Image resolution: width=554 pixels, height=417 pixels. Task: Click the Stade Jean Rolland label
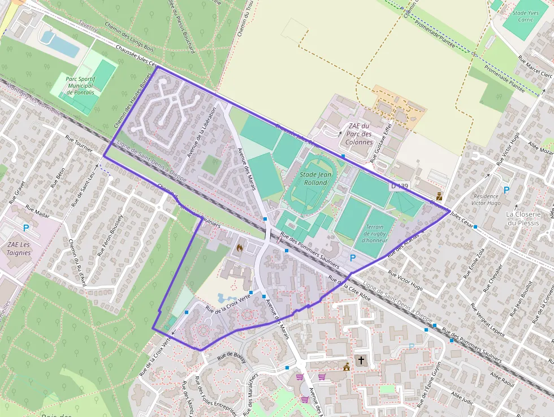[315, 179]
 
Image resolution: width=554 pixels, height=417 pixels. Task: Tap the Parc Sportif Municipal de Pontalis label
[80, 85]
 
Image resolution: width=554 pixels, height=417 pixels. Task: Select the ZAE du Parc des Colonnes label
[359, 134]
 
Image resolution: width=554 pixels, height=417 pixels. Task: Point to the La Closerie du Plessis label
[523, 218]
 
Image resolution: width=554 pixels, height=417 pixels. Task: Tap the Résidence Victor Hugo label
[486, 200]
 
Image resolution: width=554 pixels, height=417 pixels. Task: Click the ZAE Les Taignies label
[19, 248]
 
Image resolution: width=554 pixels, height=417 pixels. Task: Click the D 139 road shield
[399, 186]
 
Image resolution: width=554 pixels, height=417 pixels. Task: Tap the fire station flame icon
[240, 247]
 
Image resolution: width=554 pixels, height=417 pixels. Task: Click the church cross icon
[361, 359]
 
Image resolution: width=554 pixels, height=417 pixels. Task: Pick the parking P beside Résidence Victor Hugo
[506, 190]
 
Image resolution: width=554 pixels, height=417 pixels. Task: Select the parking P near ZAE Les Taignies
[26, 227]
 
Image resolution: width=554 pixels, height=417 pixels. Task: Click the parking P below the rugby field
[353, 258]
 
